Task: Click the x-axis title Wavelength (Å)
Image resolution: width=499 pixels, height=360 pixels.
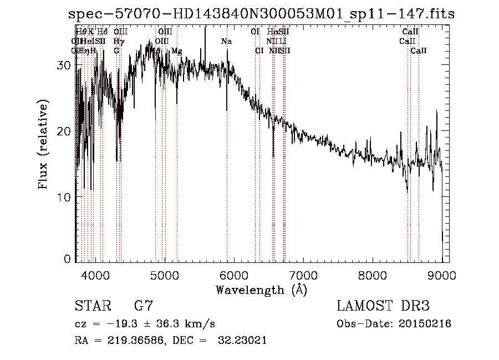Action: click(261, 290)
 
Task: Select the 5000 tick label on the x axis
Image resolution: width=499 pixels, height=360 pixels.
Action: click(165, 275)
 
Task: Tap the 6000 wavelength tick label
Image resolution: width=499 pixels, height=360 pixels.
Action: click(234, 275)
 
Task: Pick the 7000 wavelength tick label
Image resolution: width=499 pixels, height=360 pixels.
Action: click(303, 275)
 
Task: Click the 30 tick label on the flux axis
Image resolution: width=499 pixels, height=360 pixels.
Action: click(65, 65)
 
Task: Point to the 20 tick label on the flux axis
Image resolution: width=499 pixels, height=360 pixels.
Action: click(65, 131)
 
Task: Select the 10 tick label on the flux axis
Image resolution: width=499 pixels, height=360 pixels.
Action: click(65, 197)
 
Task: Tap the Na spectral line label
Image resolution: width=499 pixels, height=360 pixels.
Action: click(226, 42)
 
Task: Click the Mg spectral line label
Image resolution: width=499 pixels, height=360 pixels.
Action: click(176, 51)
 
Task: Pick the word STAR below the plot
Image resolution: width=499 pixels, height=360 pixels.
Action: click(90, 306)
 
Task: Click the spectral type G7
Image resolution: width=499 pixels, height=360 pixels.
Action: click(143, 306)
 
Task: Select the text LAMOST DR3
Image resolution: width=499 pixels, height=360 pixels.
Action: click(383, 306)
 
